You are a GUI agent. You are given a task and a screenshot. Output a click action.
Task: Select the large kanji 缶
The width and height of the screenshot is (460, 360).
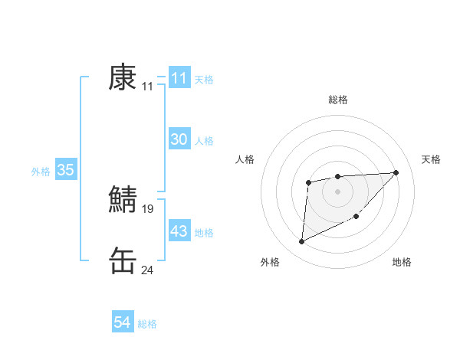tap(123, 260)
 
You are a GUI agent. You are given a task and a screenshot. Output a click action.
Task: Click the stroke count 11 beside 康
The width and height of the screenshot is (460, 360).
tap(148, 87)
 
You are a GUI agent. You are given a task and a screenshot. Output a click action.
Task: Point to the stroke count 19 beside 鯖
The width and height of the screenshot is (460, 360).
tap(148, 208)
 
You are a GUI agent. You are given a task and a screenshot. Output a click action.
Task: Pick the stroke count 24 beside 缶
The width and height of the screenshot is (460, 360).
tap(148, 270)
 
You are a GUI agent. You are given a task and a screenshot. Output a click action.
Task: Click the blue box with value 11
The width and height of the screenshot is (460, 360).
tap(179, 78)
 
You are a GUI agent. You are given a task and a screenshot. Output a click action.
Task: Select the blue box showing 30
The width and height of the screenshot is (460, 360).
tap(179, 139)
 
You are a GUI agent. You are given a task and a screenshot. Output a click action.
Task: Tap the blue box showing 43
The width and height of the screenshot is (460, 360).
tap(179, 231)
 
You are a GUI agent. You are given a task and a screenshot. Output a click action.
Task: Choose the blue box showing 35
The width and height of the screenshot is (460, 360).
tap(65, 170)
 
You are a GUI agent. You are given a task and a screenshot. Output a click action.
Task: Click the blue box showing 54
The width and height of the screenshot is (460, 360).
tap(122, 322)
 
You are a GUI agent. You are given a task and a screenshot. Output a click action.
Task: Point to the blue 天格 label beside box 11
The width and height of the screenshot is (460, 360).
tap(204, 80)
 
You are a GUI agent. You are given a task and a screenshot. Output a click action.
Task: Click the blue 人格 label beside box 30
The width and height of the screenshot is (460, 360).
tap(204, 141)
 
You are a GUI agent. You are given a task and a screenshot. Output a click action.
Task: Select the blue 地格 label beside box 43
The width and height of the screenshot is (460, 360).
tap(204, 233)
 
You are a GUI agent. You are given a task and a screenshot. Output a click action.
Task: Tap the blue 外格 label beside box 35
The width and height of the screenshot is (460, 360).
tap(41, 172)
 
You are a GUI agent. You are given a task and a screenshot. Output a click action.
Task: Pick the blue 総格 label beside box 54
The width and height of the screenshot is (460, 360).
tap(147, 324)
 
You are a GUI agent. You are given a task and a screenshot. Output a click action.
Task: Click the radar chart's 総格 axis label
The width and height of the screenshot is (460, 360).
tap(337, 100)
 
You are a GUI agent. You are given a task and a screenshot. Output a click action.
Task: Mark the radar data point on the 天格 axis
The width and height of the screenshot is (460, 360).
tap(396, 172)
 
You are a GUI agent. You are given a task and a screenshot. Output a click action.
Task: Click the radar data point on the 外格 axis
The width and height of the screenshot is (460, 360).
tap(301, 242)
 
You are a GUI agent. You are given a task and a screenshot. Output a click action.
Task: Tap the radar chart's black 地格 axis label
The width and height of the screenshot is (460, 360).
tap(402, 263)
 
